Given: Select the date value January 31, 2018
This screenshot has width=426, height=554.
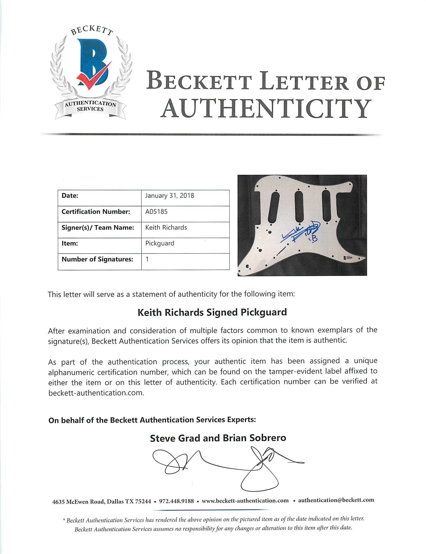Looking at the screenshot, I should click(169, 196).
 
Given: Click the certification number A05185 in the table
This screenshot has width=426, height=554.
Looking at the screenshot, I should click(156, 212).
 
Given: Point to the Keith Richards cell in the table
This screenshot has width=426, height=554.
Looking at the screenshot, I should click(166, 228).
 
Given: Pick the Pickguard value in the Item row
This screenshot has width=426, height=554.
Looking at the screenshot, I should click(159, 243).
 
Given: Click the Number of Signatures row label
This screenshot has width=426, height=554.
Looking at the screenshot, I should click(97, 259).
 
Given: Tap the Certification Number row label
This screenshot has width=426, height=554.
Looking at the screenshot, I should click(96, 212).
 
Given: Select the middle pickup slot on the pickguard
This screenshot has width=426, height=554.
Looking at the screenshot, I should click(299, 207).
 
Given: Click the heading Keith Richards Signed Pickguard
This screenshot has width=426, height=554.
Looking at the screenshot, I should click(212, 312).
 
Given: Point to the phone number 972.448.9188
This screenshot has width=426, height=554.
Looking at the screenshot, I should click(176, 501).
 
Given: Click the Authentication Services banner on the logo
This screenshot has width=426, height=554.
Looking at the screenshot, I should click(90, 107).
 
